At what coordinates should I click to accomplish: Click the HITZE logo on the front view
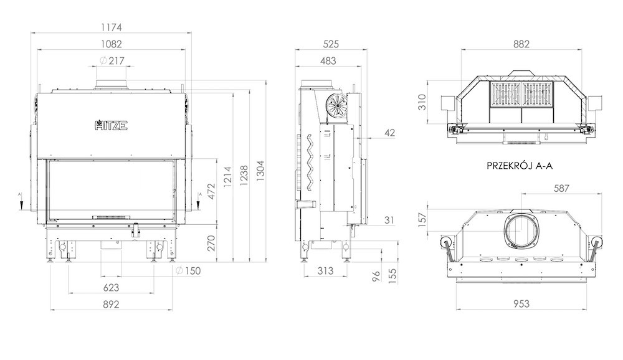coord(112,125)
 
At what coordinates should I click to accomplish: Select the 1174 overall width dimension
coord(112,27)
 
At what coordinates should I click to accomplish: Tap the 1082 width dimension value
coord(112,44)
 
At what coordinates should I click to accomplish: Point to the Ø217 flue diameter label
coord(112,61)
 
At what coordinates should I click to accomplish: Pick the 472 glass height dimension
coord(211,191)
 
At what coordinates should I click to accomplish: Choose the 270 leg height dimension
coord(211,243)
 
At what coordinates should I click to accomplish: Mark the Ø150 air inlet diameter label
coord(188,271)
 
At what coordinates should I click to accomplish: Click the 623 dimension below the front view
coord(112,287)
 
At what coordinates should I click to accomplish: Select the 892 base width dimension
coord(112,305)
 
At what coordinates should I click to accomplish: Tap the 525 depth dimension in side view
coord(331,44)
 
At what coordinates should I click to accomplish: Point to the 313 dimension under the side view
coord(325,271)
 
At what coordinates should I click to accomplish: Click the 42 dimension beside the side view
coord(390,133)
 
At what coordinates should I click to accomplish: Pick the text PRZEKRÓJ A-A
coord(520,166)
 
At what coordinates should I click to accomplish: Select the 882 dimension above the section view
coord(521,44)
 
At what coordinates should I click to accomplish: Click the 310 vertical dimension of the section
coord(422,102)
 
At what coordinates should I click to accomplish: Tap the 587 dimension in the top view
coord(561,188)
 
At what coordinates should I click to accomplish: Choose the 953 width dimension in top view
coord(521,304)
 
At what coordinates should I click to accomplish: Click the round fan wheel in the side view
coord(336,105)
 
